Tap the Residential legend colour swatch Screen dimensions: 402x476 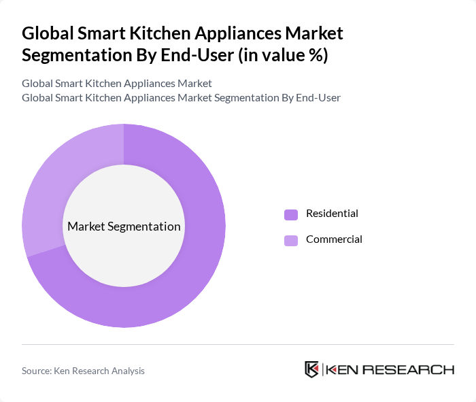pos(291,214)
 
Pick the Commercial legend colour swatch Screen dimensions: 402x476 pos(291,240)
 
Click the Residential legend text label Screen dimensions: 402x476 pos(332,214)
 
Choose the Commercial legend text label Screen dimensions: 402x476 pos(334,239)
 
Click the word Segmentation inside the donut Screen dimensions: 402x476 pos(148,227)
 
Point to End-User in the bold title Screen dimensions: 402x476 pos(198,55)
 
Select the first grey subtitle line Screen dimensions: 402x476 pos(117,84)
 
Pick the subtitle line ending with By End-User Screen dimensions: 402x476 pos(181,98)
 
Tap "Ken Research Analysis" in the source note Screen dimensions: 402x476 pos(102,371)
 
